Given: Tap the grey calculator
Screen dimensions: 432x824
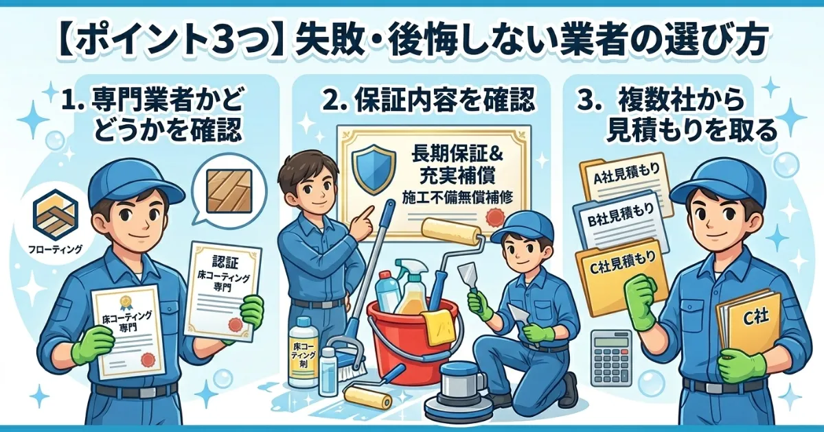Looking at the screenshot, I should pos(610,357).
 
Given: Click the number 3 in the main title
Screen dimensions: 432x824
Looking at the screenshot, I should pos(222,43).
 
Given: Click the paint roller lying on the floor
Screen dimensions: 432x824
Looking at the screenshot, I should pos(368,396).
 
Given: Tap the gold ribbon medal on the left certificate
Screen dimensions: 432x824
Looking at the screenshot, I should pos(126,302).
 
